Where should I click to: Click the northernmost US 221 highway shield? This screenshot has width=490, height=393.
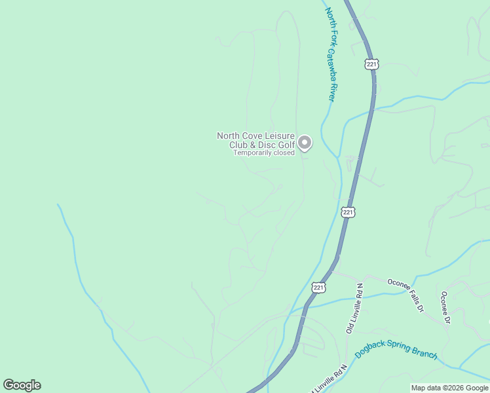click(x=371, y=64)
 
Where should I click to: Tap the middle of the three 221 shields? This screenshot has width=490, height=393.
click(x=349, y=212)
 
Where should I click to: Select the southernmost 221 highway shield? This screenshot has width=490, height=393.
click(x=318, y=287)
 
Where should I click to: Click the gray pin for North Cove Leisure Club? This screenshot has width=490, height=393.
click(x=305, y=142)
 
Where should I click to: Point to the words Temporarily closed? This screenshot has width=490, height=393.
click(x=265, y=153)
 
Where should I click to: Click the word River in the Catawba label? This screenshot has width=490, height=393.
click(x=331, y=91)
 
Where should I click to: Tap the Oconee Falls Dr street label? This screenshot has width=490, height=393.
click(x=405, y=295)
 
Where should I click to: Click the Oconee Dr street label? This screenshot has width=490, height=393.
click(x=445, y=307)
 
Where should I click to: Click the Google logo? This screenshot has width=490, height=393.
click(x=22, y=385)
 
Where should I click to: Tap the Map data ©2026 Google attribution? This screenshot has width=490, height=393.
click(x=449, y=388)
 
